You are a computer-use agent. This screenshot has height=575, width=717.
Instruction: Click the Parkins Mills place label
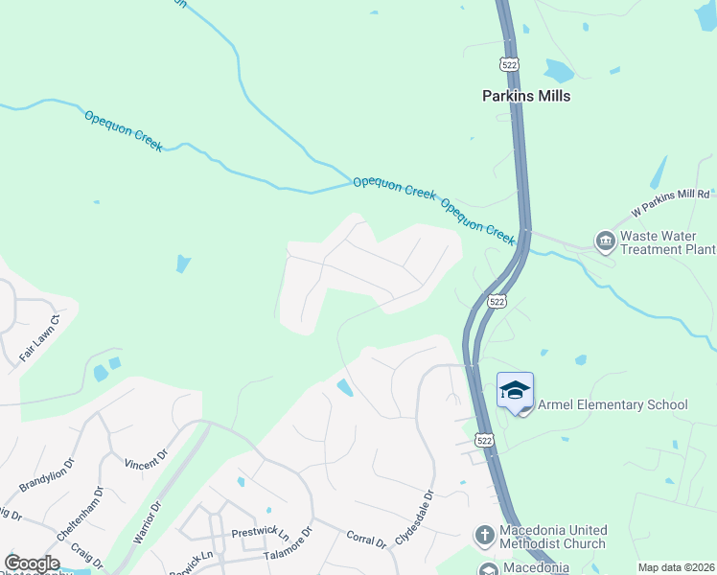526,96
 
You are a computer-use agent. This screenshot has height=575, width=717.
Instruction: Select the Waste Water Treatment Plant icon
605,241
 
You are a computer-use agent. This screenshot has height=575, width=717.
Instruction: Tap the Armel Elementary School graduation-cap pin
515,391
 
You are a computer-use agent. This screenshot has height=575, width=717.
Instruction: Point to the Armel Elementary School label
613,404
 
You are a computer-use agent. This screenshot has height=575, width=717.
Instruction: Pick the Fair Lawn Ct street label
38,338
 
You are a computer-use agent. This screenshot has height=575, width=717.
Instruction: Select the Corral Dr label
365,541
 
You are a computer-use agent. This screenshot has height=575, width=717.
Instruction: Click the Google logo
33,563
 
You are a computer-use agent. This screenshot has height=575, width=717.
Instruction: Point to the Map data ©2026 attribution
675,567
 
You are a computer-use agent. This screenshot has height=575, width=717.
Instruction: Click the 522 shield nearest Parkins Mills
508,63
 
